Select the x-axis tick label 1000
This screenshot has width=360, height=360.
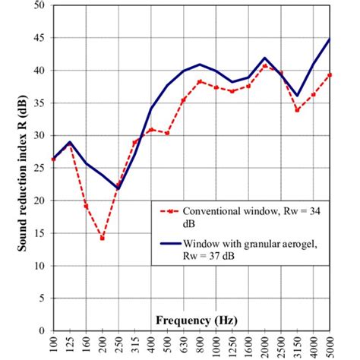tap(215, 346)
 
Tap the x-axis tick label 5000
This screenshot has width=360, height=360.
tap(330, 346)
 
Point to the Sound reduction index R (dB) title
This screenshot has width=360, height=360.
tap(18, 167)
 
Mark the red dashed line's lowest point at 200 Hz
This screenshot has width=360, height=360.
tap(102, 238)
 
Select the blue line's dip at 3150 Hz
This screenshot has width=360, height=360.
tap(298, 96)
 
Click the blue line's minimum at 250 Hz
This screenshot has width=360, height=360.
tap(118, 188)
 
